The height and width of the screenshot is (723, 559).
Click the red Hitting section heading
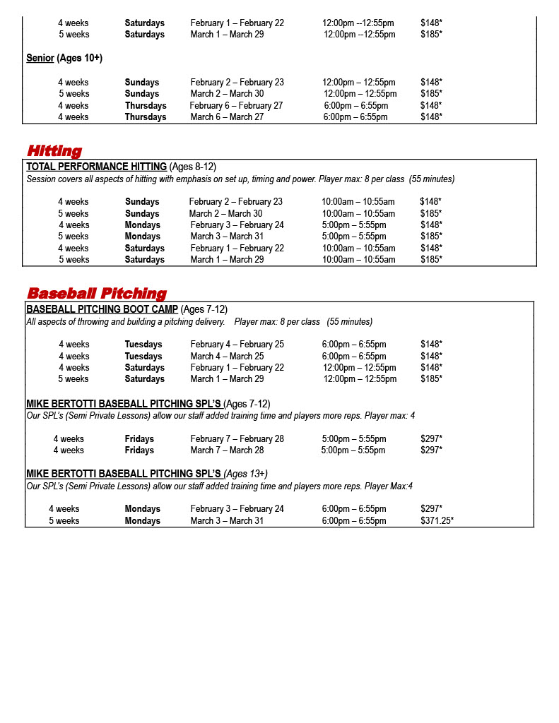pyautogui.click(x=54, y=151)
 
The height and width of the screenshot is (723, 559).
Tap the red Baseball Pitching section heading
pyautogui.click(x=97, y=294)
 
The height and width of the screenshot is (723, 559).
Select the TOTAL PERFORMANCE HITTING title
pyautogui.click(x=96, y=167)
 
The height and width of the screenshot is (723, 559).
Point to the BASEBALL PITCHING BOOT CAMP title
pyautogui.click(x=102, y=309)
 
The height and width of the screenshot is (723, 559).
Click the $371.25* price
pyautogui.click(x=437, y=521)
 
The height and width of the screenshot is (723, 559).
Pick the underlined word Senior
pyautogui.click(x=40, y=58)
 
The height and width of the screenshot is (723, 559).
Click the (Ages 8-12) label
pyautogui.click(x=193, y=167)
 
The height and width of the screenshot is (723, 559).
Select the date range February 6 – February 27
pyautogui.click(x=236, y=106)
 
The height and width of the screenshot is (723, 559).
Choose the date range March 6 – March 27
pyautogui.click(x=227, y=117)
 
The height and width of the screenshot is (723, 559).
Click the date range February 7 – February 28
pyautogui.click(x=237, y=439)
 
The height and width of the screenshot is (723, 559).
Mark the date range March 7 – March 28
pyautogui.click(x=227, y=450)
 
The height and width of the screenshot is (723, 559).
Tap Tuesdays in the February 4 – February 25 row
pyautogui.click(x=143, y=345)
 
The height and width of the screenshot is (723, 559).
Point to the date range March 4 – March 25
pyautogui.click(x=227, y=357)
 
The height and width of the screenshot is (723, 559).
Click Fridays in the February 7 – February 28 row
pyautogui.click(x=139, y=439)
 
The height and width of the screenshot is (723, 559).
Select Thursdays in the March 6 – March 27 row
pyautogui.click(x=146, y=117)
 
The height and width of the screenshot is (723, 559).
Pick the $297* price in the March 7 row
pyautogui.click(x=431, y=450)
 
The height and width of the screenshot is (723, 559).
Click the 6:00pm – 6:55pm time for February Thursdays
pyautogui.click(x=356, y=106)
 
